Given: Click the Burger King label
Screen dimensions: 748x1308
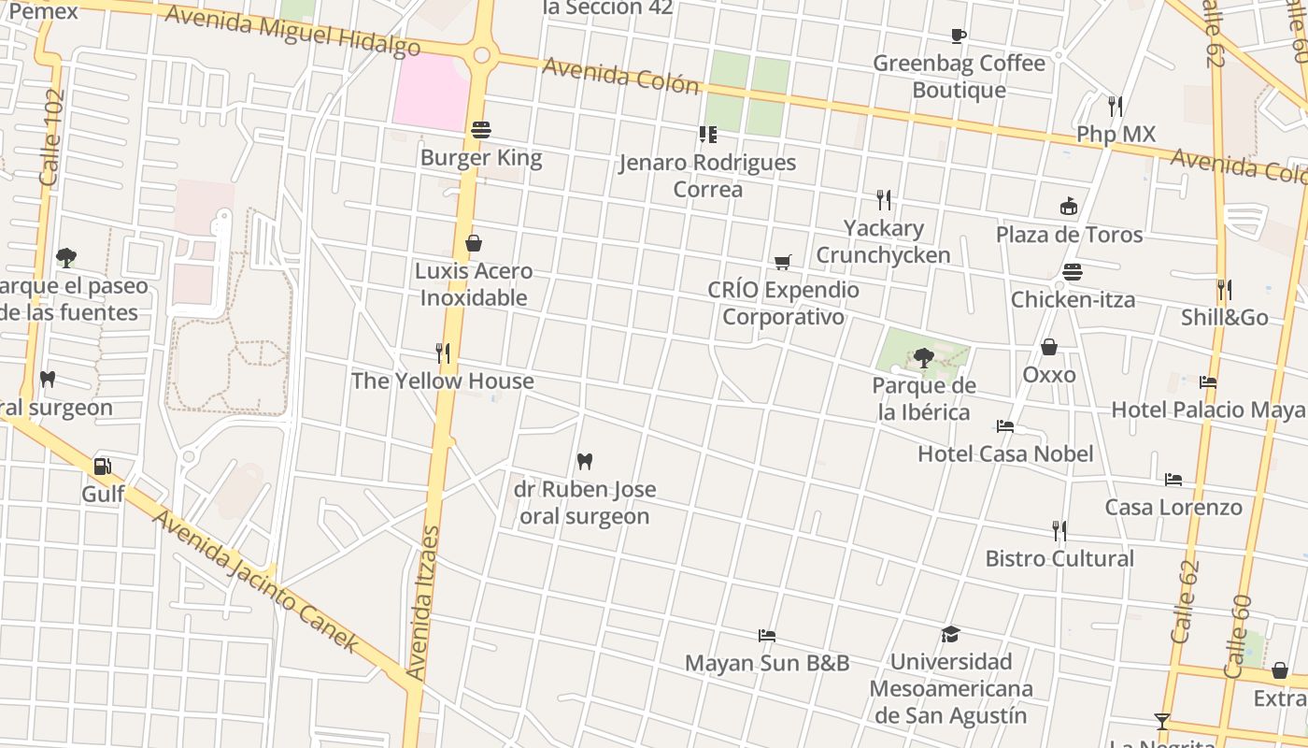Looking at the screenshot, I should (x=481, y=157).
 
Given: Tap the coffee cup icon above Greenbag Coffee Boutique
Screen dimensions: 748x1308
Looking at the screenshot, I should (x=958, y=36).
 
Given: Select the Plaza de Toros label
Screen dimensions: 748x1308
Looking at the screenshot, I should (x=1069, y=234).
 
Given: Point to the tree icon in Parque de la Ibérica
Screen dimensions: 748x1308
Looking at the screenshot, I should (x=923, y=357).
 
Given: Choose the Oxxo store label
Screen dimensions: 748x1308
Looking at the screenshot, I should (x=1049, y=375).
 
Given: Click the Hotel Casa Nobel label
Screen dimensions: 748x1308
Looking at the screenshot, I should (x=1005, y=453).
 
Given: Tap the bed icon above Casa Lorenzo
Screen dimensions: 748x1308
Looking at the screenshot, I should (x=1173, y=480).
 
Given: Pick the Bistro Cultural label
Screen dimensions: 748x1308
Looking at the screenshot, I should (x=1059, y=558).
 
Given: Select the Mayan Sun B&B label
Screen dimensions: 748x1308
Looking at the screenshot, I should (x=767, y=663).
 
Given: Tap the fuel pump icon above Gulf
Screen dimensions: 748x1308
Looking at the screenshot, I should (x=102, y=467).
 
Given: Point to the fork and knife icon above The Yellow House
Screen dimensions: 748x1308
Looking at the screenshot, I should (x=443, y=353).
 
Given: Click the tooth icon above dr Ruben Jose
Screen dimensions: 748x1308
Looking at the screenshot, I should (x=585, y=461).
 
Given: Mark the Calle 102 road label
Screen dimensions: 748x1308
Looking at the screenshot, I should (x=52, y=137).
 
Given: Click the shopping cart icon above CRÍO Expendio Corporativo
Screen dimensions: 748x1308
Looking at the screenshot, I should (x=783, y=263).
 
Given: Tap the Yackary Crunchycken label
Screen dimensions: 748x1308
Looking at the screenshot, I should (x=883, y=241).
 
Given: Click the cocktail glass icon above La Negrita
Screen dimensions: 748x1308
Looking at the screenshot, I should (x=1162, y=721).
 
